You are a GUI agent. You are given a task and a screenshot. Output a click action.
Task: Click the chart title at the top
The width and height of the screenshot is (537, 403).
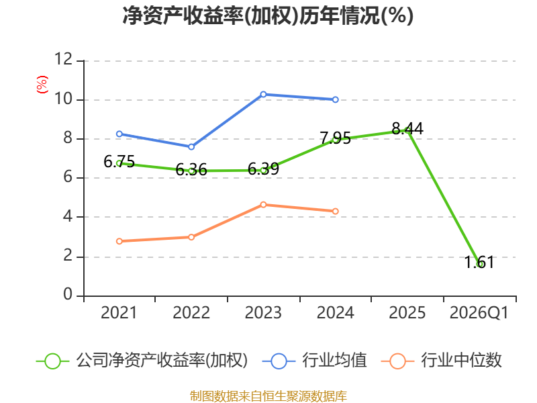pyautogui.click(x=268, y=15)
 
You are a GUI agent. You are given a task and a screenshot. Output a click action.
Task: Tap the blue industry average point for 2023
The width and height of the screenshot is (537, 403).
pyautogui.click(x=263, y=94)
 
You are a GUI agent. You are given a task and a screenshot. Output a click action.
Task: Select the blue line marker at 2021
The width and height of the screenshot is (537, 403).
pyautogui.click(x=119, y=134)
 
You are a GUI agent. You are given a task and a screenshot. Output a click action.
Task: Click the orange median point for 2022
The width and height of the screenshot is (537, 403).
pyautogui.click(x=191, y=237)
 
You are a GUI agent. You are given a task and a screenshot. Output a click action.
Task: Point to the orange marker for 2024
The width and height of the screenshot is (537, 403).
pyautogui.click(x=335, y=211)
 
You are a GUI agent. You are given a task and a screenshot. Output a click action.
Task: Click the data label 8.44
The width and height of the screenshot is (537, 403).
pyautogui.click(x=407, y=129)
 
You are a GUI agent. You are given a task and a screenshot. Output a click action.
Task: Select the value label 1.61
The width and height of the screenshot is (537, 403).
pyautogui.click(x=479, y=263)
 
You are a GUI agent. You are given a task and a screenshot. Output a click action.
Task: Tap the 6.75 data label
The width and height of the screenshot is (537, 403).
pyautogui.click(x=119, y=161)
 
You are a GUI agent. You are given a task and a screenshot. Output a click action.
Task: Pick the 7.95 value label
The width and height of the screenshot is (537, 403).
pyautogui.click(x=335, y=138)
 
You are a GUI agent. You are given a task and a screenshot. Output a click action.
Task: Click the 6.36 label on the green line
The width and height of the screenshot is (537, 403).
pyautogui.click(x=191, y=170)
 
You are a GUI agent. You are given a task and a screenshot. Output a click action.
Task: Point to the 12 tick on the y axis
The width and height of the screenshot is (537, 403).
pyautogui.click(x=63, y=59)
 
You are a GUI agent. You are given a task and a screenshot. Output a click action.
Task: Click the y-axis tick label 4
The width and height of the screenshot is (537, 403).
pyautogui.click(x=68, y=216)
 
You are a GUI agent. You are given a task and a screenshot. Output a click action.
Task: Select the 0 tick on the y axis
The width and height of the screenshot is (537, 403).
pyautogui.click(x=68, y=294)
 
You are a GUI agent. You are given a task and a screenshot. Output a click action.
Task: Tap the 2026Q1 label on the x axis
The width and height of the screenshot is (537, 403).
pyautogui.click(x=479, y=313)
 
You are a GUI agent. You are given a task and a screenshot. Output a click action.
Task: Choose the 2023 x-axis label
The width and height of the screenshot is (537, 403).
pyautogui.click(x=263, y=313)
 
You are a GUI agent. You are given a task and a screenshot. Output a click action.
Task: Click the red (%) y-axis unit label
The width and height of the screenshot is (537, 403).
pyautogui.click(x=42, y=85)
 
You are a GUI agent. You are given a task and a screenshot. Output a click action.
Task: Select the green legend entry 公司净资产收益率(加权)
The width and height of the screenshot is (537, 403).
pyautogui.click(x=142, y=361)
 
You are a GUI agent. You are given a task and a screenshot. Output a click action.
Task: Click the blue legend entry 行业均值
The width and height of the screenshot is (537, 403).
pyautogui.click(x=314, y=361)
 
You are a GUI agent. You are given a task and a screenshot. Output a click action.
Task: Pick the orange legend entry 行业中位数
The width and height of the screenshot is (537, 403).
pyautogui.click(x=441, y=361)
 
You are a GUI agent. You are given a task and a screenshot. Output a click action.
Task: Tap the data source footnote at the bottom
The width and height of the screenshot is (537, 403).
pyautogui.click(x=268, y=396)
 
